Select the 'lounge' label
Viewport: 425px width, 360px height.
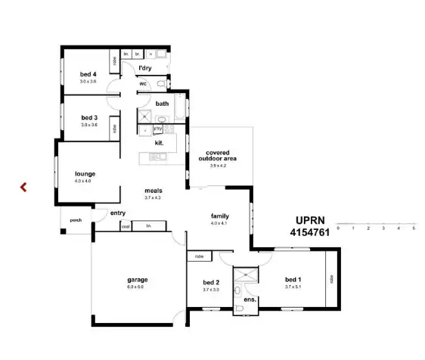[x=85, y=174]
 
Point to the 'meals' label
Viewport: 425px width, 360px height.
[x=154, y=191]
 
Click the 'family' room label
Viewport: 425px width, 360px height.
[x=219, y=216]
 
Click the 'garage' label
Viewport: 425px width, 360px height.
[x=136, y=279]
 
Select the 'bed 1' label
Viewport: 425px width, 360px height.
[x=293, y=279]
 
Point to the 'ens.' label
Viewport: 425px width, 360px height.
[x=250, y=299]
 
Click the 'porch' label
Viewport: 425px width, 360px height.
[x=75, y=220]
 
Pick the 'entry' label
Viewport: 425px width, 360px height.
[x=118, y=213]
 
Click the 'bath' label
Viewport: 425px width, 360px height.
[x=162, y=104]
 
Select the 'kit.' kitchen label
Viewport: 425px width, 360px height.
[x=160, y=142]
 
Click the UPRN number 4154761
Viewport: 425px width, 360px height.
[x=309, y=234]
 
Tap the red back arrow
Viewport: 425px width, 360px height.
[x=23, y=186]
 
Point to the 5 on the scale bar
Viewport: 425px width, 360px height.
[x=414, y=228]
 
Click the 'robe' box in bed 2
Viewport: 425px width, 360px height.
[x=199, y=256]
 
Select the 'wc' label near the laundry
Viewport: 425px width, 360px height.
[x=142, y=84]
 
